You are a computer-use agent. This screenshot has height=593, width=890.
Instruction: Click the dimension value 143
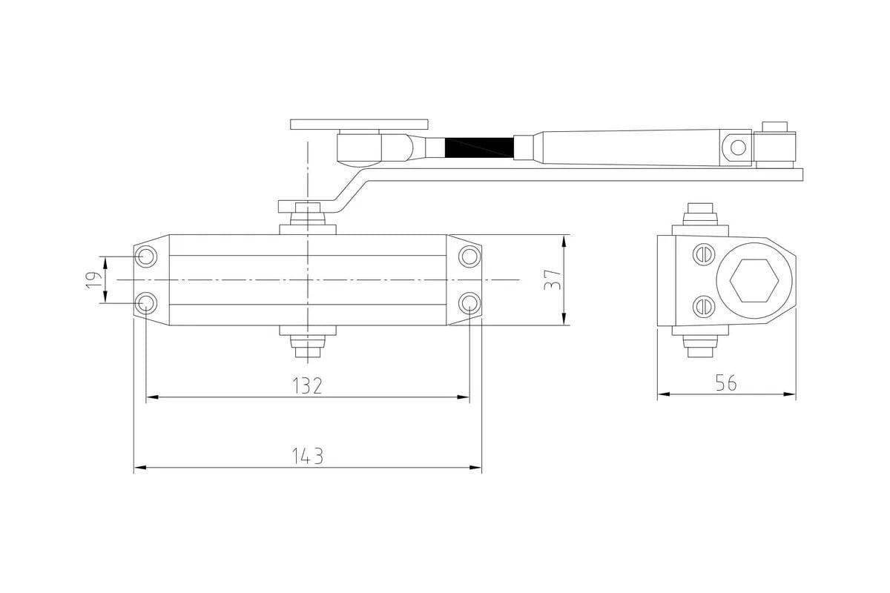click(308, 456)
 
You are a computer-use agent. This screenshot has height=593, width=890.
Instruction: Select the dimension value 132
click(307, 385)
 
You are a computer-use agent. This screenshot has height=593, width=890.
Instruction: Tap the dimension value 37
click(553, 279)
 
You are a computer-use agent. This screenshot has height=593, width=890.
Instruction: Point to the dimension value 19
click(93, 280)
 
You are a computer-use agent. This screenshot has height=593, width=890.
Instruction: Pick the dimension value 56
click(726, 383)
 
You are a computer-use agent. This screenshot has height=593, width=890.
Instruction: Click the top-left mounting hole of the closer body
click(146, 256)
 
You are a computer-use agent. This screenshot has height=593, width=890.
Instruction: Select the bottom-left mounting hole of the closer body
click(146, 303)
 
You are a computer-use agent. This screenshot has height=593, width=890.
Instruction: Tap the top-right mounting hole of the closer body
click(469, 256)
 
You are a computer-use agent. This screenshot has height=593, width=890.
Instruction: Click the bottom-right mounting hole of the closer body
click(469, 303)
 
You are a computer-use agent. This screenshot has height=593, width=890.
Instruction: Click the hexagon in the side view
click(754, 280)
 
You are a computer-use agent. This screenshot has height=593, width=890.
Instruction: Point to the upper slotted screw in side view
click(704, 254)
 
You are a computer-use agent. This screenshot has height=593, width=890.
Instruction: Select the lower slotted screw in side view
click(704, 307)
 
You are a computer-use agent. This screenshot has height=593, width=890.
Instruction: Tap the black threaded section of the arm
click(479, 148)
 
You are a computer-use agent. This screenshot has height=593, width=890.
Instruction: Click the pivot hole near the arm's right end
click(738, 148)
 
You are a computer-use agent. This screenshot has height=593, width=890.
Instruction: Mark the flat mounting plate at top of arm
click(359, 125)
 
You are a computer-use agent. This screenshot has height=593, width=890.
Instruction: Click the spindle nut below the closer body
click(308, 346)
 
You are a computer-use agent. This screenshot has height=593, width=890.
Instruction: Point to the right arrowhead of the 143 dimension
click(475, 468)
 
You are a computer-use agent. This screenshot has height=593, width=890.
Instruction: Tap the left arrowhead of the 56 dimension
click(664, 394)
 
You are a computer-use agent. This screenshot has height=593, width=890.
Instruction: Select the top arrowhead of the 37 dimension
click(564, 241)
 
